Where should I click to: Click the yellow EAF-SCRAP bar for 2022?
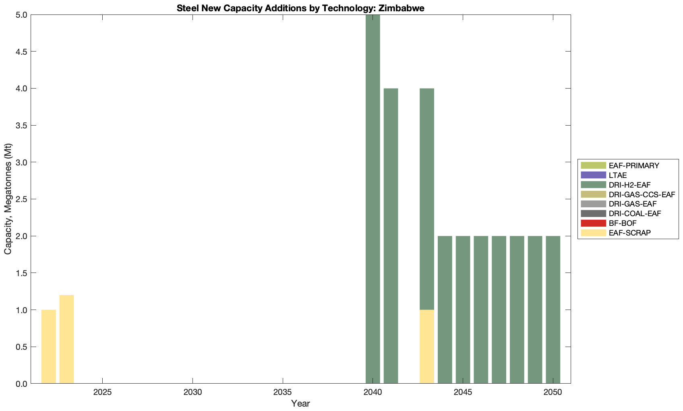click(48, 347)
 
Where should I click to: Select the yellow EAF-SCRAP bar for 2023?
click(66, 339)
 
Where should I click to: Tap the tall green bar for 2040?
click(373, 199)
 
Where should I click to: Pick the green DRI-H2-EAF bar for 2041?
click(391, 236)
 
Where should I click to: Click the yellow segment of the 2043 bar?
click(426, 347)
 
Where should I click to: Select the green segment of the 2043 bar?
click(426, 199)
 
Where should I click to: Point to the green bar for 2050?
click(553, 310)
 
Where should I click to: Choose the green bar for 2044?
click(445, 310)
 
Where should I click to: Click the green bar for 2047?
click(499, 310)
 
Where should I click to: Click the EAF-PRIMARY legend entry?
click(633, 165)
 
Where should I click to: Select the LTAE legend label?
click(617, 175)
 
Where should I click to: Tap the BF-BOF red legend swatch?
click(593, 223)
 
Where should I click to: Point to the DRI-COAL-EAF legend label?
click(635, 213)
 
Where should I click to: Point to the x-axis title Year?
click(300, 403)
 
